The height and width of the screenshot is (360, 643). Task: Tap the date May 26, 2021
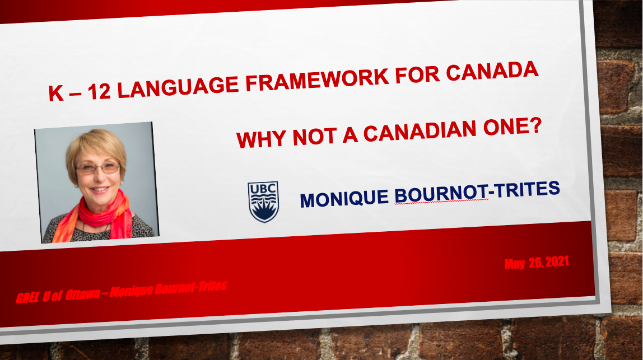coord(539,263)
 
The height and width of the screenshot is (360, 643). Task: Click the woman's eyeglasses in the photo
coord(98,167)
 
